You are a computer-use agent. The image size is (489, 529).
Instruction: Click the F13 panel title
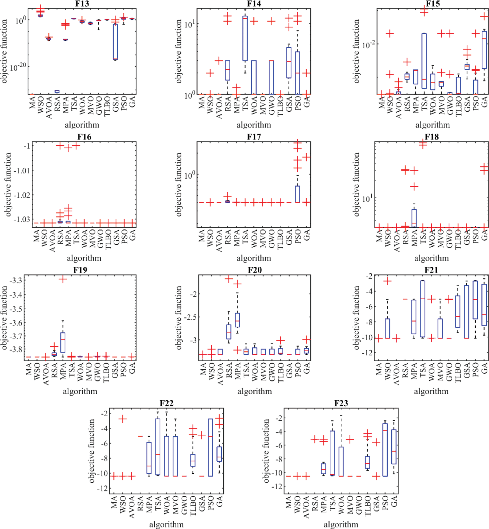82,4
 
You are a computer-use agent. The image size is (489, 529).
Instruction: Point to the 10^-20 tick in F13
18,67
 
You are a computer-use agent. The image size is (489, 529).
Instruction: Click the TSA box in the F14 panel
245,38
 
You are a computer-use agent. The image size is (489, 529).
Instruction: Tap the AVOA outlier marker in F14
219,61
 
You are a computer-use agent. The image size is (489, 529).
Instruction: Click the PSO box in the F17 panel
298,194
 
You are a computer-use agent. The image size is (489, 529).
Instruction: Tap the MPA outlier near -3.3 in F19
63,279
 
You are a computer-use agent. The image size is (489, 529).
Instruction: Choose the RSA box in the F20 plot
229,332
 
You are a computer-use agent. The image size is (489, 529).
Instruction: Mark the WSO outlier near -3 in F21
387,281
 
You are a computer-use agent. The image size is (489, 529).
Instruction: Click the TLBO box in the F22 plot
193,460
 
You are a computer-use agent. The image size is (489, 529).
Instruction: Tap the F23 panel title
341,403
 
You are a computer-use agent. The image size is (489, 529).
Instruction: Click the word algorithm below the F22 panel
167,524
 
